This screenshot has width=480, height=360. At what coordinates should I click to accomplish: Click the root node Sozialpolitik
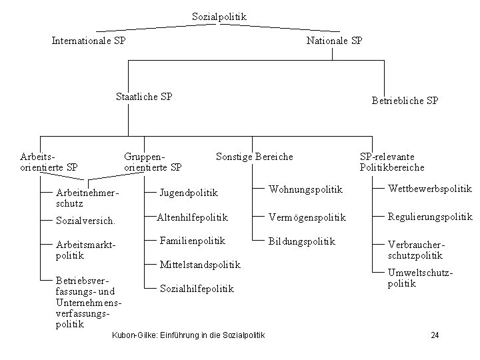(219, 15)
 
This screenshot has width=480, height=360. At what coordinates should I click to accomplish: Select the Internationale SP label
(89, 41)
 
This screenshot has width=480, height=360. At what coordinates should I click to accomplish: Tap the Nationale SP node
(334, 41)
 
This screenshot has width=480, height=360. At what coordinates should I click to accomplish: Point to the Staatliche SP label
(144, 97)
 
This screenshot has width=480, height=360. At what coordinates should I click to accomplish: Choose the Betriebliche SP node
(405, 101)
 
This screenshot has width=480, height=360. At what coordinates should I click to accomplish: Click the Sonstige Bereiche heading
(254, 157)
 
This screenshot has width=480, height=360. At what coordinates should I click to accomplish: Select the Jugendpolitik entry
(189, 193)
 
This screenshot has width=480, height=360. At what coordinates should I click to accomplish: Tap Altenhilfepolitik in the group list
(192, 217)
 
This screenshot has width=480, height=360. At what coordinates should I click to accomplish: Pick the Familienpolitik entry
(192, 241)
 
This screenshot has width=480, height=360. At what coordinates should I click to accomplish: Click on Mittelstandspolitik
(200, 265)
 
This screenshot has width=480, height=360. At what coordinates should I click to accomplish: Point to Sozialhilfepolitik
(197, 289)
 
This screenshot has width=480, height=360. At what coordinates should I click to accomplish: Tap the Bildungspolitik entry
(301, 241)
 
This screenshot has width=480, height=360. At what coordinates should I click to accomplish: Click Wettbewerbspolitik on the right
(430, 190)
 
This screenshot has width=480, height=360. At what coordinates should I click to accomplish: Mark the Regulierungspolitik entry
(430, 217)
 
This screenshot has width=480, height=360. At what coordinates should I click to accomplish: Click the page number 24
(435, 334)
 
